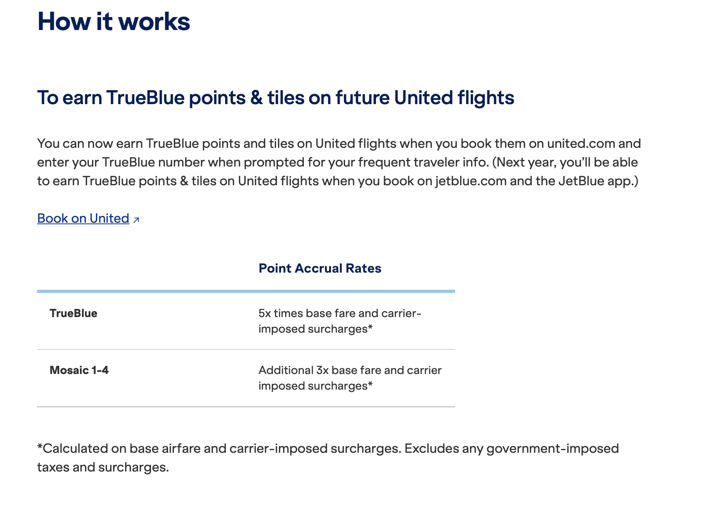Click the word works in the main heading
click(154, 21)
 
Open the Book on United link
click(83, 218)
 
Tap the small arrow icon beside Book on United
click(136, 220)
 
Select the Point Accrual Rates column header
click(320, 268)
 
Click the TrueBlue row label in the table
click(73, 313)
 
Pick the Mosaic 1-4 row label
click(79, 370)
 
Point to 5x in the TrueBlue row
click(265, 313)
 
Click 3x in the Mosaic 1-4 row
click(323, 370)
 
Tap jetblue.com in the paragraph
click(471, 181)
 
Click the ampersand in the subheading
click(257, 97)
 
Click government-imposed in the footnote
click(553, 449)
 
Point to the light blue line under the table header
click(246, 291)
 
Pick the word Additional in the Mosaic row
click(286, 370)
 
